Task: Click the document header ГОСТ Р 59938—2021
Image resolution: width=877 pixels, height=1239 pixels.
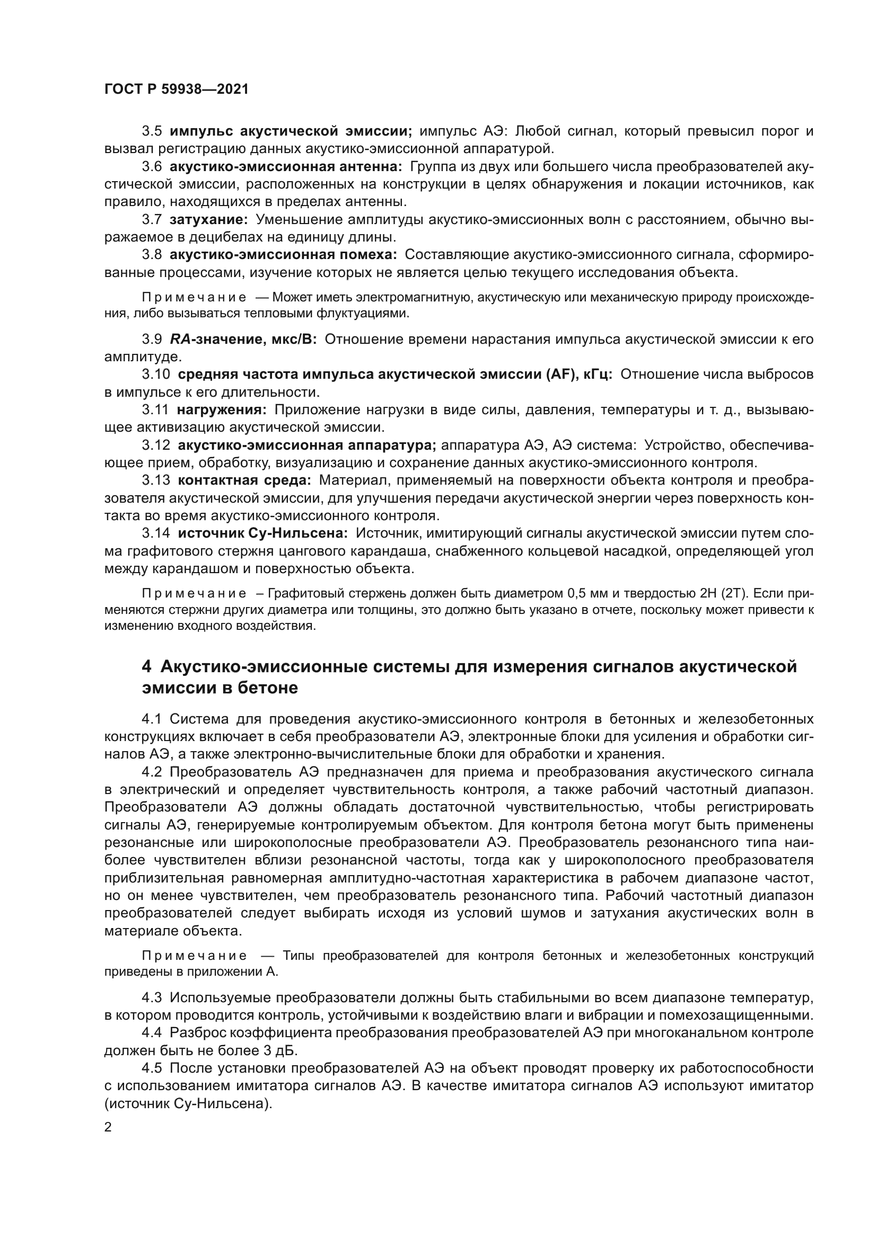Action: click(x=176, y=90)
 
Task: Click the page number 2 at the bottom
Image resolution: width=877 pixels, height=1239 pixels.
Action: click(x=108, y=1127)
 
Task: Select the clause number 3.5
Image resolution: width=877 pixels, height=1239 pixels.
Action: click(x=152, y=131)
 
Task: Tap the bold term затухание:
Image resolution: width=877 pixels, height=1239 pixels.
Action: click(x=208, y=220)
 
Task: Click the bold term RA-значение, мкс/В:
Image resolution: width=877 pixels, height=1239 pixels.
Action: click(x=243, y=340)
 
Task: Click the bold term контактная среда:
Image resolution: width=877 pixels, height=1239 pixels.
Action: click(x=244, y=480)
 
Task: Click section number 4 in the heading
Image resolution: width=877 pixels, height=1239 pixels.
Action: click(x=146, y=667)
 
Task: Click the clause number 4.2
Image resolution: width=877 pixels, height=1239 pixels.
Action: click(x=152, y=772)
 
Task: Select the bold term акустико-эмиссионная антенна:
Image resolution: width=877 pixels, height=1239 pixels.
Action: click(x=286, y=167)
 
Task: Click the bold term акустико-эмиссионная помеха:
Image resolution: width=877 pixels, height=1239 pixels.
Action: click(x=283, y=255)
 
